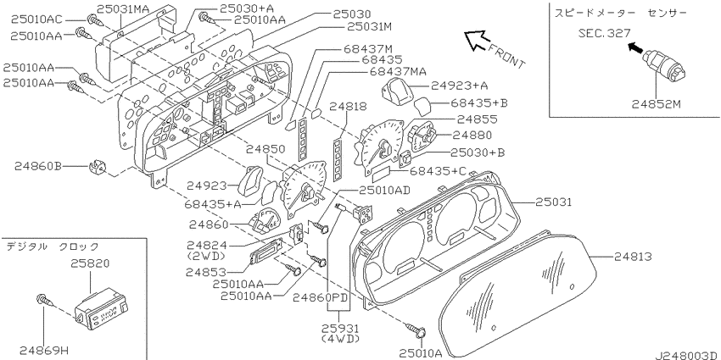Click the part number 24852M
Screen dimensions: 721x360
[x=655, y=104]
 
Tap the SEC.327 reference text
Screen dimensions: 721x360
[x=604, y=33]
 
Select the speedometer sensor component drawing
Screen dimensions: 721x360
[x=668, y=65]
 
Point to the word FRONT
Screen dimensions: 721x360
[x=506, y=56]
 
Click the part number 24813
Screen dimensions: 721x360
[x=632, y=256]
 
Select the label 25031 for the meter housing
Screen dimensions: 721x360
[x=553, y=202]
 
